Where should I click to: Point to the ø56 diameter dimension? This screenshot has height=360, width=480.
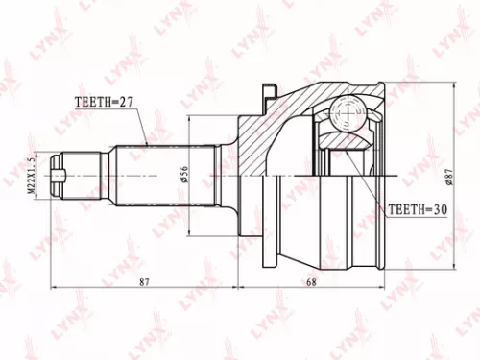point(182,176)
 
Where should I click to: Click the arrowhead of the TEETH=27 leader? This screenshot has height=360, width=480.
point(146,144)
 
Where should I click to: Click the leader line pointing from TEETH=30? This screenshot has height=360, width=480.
point(370,182)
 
